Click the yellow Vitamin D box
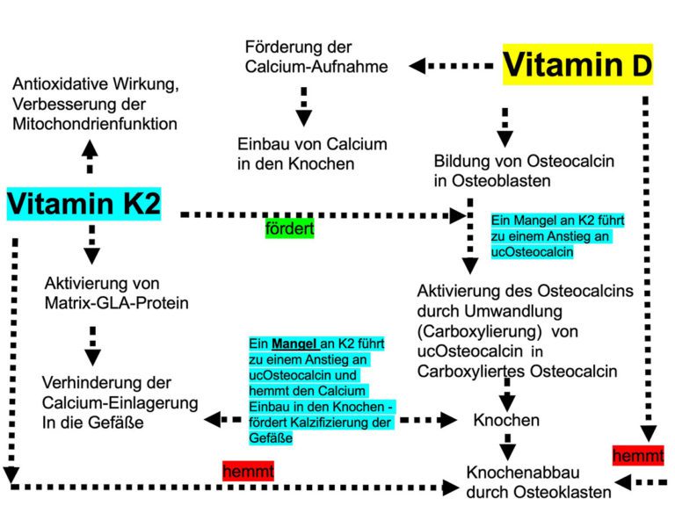click(577, 65)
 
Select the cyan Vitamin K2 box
click(84, 205)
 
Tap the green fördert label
click(289, 228)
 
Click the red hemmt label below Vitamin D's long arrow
click(637, 456)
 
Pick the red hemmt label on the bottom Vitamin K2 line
click(248, 472)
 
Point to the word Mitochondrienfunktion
click(94, 124)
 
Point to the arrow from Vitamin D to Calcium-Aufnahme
click(451, 66)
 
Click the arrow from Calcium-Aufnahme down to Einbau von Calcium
click(303, 105)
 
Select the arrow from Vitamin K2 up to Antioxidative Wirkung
click(88, 158)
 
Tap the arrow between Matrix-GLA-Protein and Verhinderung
click(91, 345)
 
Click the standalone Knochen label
click(506, 421)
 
